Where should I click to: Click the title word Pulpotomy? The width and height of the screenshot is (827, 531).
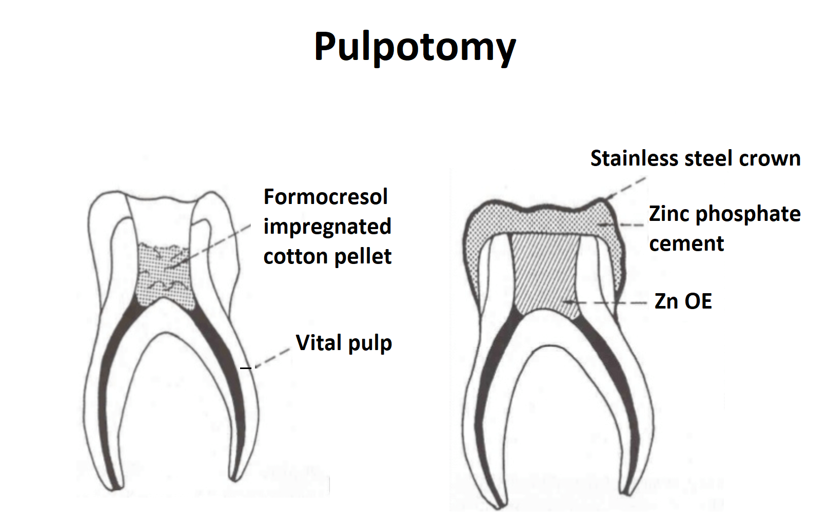pos(415,48)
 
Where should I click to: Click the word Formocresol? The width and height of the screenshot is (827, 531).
pos(326,196)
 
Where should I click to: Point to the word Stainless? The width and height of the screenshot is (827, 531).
pos(635,158)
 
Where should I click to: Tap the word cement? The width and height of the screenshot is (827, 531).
pos(686,244)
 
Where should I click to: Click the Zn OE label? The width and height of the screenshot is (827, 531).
pos(683,301)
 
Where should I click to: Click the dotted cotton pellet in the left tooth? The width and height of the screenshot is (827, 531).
pos(165,275)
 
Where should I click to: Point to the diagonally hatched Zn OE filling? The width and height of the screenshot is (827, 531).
pos(546,275)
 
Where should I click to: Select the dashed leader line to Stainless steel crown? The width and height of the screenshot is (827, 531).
pos(626,188)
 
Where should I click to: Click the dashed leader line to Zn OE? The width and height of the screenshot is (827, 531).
pos(605,303)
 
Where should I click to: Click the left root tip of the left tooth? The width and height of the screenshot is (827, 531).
pos(114,488)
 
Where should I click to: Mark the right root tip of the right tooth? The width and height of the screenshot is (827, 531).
pos(626,492)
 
